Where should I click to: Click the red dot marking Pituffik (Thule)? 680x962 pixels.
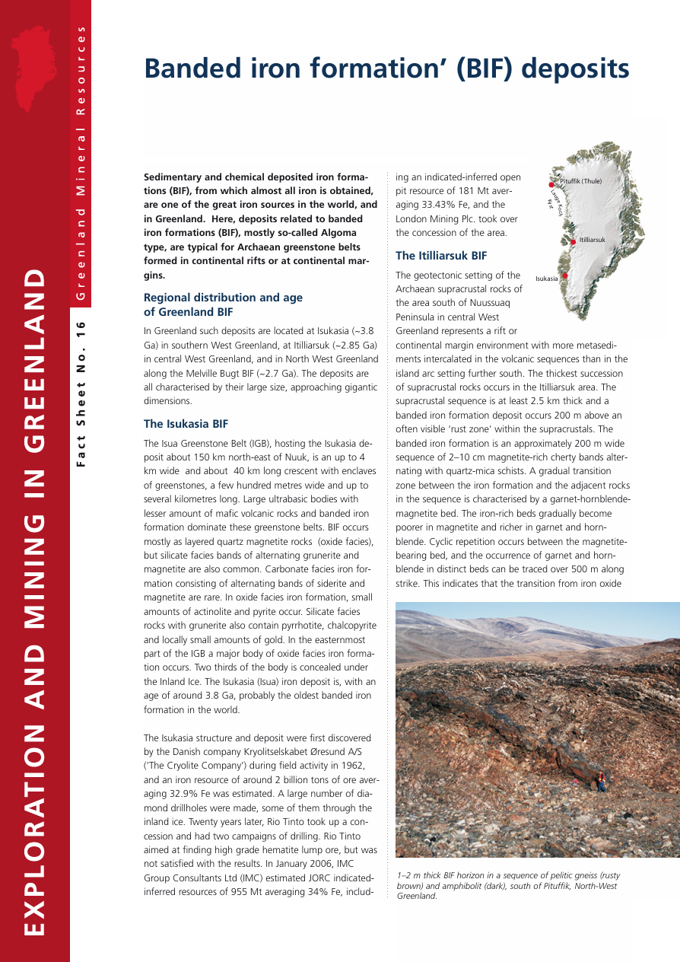point(551,184)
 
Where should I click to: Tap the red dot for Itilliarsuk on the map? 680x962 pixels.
point(573,243)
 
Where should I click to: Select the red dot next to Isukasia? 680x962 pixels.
point(565,276)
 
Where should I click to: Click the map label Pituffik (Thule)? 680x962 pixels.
point(581,181)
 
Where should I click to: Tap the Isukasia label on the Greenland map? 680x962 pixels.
point(546,279)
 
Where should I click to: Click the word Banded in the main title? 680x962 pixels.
point(187,68)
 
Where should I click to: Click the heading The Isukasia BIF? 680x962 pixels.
point(186,424)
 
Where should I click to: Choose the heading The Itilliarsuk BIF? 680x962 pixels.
point(441,256)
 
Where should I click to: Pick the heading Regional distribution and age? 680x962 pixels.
point(223,298)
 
